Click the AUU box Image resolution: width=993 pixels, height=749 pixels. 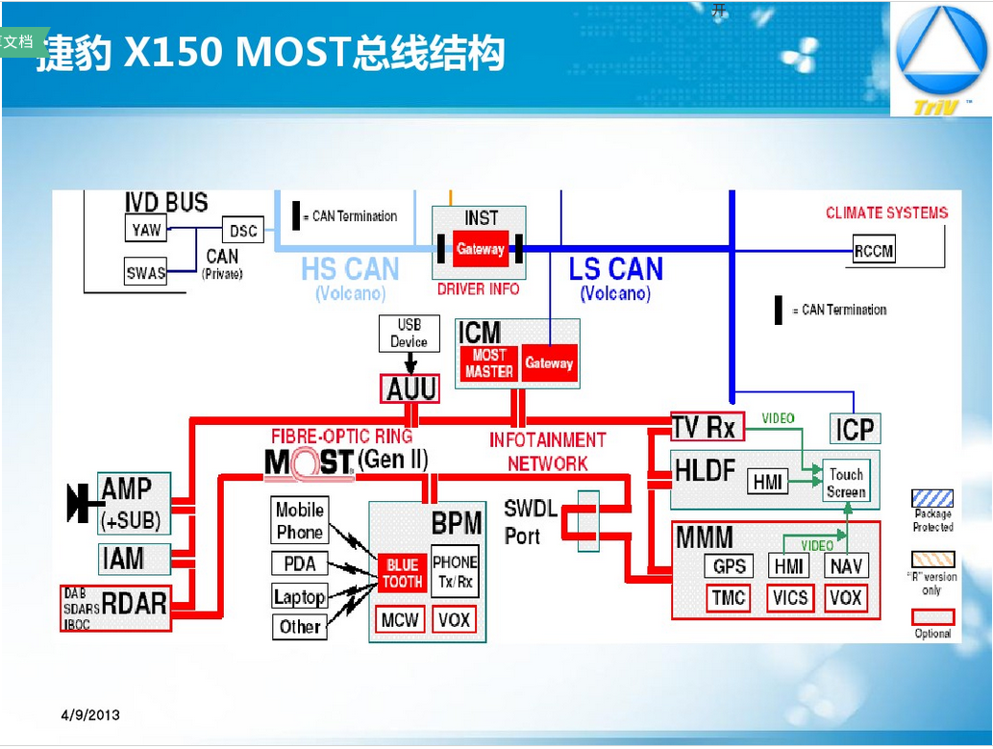pos(411,388)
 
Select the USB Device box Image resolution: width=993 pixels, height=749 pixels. pos(410,334)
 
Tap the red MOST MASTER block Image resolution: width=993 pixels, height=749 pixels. pos(488,363)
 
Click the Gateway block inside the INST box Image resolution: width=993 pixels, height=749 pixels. pos(480,249)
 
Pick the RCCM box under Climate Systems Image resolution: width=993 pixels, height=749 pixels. pos(874,251)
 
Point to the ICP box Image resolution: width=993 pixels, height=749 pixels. pos(855,429)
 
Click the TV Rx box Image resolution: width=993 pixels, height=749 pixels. pos(703,427)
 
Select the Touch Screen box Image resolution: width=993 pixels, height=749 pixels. pos(846,483)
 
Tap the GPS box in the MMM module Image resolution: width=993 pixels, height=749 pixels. pos(730,566)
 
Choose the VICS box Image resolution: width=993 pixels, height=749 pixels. pos(790,598)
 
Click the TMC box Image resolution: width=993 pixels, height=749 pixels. pos(729,598)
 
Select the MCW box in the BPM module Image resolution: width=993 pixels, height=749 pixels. pos(398,620)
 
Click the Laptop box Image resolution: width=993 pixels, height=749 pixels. pos(299,597)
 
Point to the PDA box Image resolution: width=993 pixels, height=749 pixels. pos(299,564)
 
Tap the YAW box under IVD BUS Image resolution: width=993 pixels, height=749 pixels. pos(146,230)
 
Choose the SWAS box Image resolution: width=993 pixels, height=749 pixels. pos(146,273)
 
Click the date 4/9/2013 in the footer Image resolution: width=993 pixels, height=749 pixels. pos(90,715)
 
